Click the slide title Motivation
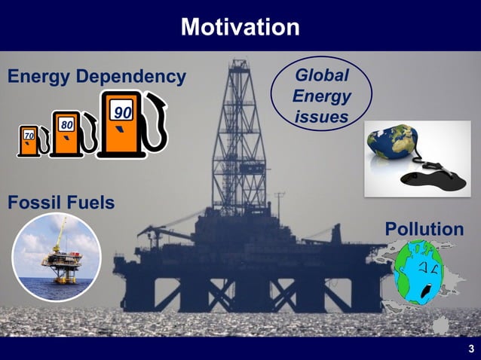point(240,27)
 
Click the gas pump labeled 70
point(29,141)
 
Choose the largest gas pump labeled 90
point(123,124)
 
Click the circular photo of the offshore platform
point(57,257)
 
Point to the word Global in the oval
point(321,76)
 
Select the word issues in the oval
point(321,117)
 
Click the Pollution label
point(424,229)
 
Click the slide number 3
point(470,348)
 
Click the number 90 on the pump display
point(123,113)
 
